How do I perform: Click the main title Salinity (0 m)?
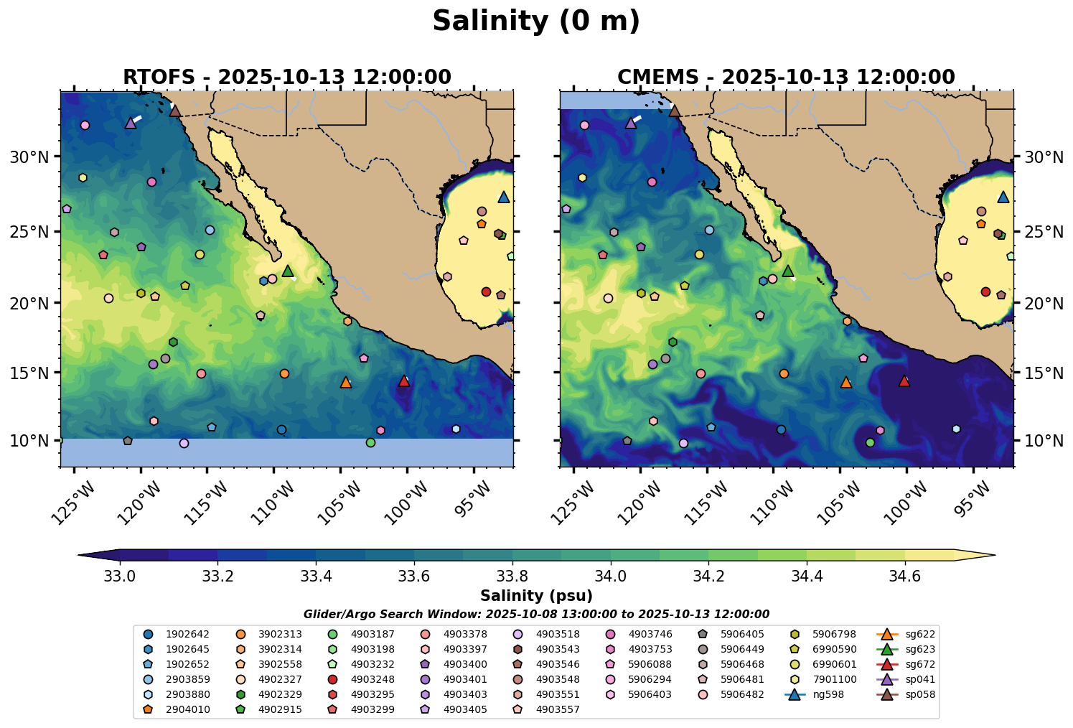click(x=536, y=22)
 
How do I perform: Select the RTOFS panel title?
click(x=287, y=77)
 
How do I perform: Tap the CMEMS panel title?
click(x=786, y=77)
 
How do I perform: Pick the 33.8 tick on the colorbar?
click(x=512, y=577)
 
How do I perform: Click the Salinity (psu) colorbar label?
click(x=536, y=596)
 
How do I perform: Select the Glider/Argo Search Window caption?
click(x=536, y=615)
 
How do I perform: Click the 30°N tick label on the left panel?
click(x=29, y=157)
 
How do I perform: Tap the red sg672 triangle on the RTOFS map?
click(x=404, y=381)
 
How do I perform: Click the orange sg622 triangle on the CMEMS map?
click(x=845, y=383)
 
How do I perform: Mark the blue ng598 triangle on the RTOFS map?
click(x=504, y=197)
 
